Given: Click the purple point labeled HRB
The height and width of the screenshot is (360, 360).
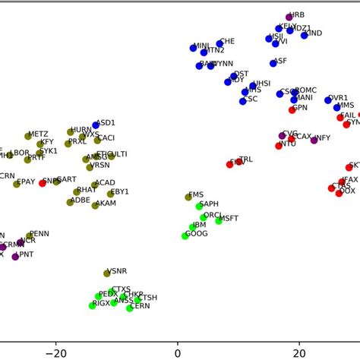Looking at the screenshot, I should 289,17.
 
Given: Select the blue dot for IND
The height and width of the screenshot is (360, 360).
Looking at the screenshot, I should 305,35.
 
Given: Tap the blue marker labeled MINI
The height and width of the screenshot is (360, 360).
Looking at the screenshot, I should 194,48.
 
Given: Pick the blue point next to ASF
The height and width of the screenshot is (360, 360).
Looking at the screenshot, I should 267,63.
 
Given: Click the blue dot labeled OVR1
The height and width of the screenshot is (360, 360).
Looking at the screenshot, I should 328,99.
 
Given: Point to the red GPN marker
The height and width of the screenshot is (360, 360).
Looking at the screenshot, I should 292,110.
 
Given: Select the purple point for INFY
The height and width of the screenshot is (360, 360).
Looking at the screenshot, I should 314,140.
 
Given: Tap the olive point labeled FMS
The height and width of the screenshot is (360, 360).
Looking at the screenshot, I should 189,197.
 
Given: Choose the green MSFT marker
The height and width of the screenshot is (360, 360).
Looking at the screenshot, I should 219,220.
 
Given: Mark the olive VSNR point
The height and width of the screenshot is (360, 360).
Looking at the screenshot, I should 107,273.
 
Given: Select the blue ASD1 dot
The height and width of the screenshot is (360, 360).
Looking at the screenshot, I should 96,125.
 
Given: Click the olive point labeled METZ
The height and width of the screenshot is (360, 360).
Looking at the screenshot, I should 28,136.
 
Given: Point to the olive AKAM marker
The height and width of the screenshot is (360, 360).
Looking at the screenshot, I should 96,205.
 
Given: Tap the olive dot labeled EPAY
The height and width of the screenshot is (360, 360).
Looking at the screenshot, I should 17,184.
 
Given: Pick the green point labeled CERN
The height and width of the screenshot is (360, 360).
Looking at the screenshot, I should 130,308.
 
